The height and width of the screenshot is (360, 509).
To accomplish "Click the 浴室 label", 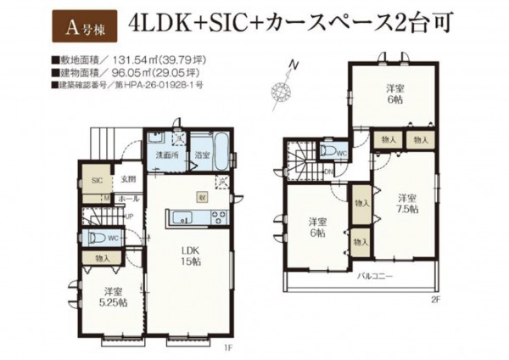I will [x=202, y=155].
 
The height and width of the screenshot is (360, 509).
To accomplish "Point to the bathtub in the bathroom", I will [x=218, y=150].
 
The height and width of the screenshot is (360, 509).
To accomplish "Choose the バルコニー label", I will [x=373, y=277].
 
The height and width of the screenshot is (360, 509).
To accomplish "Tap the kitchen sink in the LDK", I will [x=183, y=217].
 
